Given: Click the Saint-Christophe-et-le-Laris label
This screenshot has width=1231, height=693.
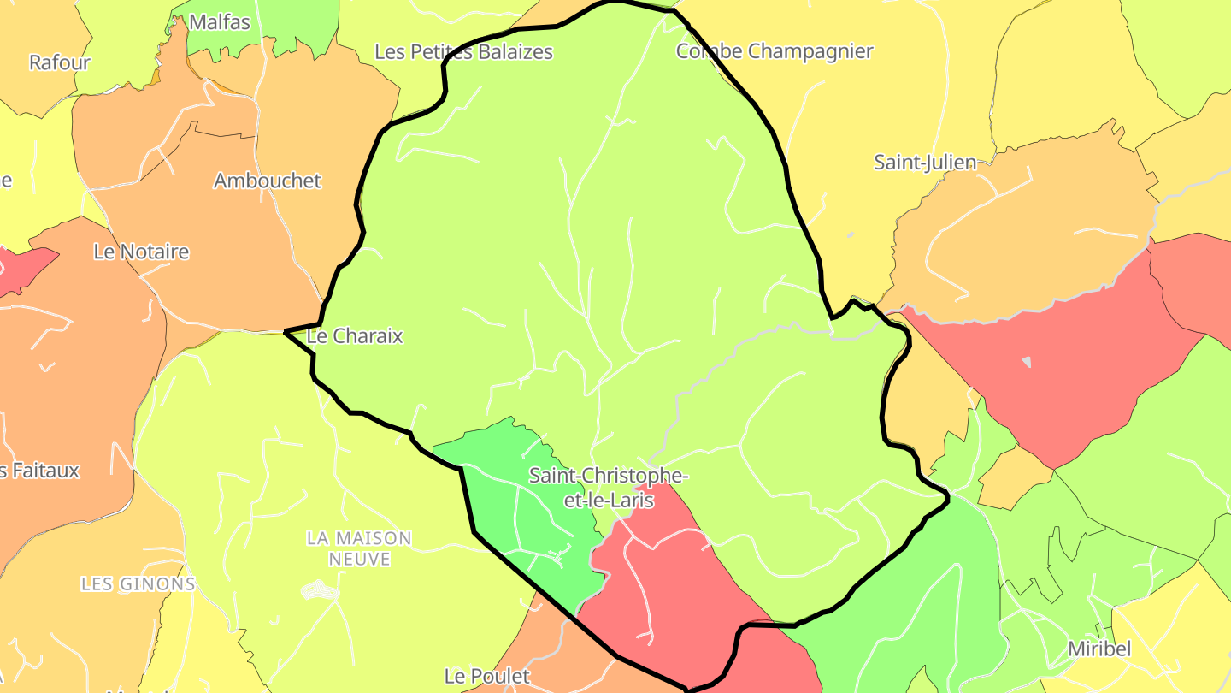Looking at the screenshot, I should pos(608,487).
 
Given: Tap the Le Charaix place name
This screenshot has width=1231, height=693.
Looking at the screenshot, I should pos(355,336).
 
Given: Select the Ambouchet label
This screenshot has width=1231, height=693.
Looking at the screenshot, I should pos(267,181).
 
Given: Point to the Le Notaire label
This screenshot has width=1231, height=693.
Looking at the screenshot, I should pos(141,252).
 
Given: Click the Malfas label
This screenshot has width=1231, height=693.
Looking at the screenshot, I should pos(220,22).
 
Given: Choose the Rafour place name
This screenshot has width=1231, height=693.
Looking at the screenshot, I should pos(59,62).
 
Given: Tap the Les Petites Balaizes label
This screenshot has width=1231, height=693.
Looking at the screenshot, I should pos(463,52).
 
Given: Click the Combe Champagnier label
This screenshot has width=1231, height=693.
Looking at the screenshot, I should pos(775,51).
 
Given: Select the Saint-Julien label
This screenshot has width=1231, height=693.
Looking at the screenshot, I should pos(924,162).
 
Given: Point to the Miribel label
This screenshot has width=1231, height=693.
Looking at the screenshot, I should pos(1099,649).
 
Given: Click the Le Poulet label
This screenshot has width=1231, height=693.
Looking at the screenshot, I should pos(486,676).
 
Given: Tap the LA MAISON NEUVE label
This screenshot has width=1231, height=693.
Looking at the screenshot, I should pos(359,548).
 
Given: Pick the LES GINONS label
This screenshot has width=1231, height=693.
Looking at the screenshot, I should pos(138,584).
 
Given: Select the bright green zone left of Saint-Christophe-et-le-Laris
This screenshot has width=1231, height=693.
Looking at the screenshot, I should pos(521,513).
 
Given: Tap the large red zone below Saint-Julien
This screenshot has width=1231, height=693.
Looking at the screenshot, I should pos(1051,368).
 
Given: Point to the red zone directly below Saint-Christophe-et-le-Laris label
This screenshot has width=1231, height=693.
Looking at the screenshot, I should pos(667,582).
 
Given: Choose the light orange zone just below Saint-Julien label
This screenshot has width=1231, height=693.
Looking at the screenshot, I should pos(1026,231).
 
